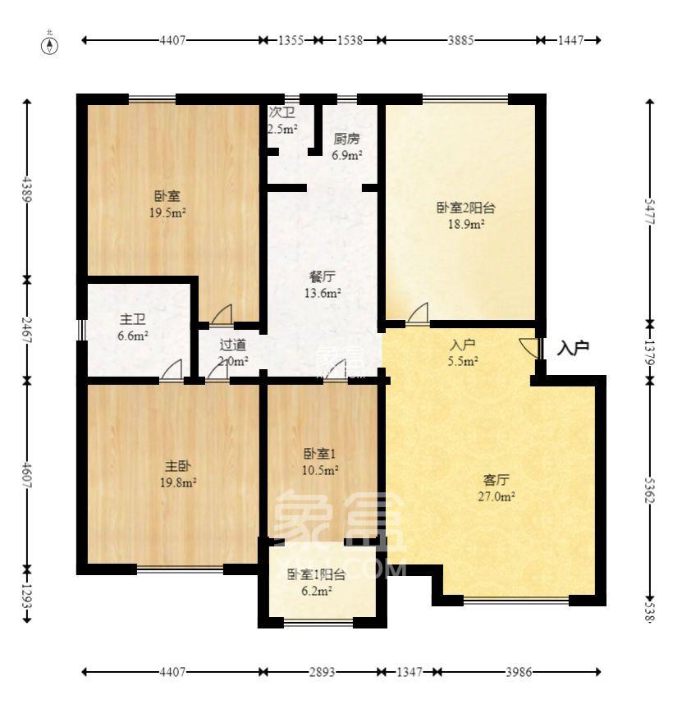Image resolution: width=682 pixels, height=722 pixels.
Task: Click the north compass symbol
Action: click(x=50, y=43)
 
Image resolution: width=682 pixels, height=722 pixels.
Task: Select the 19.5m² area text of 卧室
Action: click(x=167, y=212)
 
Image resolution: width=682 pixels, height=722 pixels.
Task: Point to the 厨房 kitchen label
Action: click(x=346, y=139)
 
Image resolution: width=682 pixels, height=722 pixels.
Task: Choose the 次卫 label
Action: click(x=280, y=113)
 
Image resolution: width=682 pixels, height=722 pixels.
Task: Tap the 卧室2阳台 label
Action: click(x=465, y=208)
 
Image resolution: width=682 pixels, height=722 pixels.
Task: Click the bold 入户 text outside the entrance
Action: click(x=573, y=349)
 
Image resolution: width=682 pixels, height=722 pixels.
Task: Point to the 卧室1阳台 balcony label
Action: click(x=316, y=574)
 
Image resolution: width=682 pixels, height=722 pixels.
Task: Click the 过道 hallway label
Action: click(x=232, y=346)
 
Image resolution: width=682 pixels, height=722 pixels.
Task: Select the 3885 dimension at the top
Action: click(x=460, y=39)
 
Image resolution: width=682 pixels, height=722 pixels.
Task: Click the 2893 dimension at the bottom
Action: click(x=322, y=672)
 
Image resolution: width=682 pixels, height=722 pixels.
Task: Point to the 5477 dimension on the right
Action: click(x=651, y=209)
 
